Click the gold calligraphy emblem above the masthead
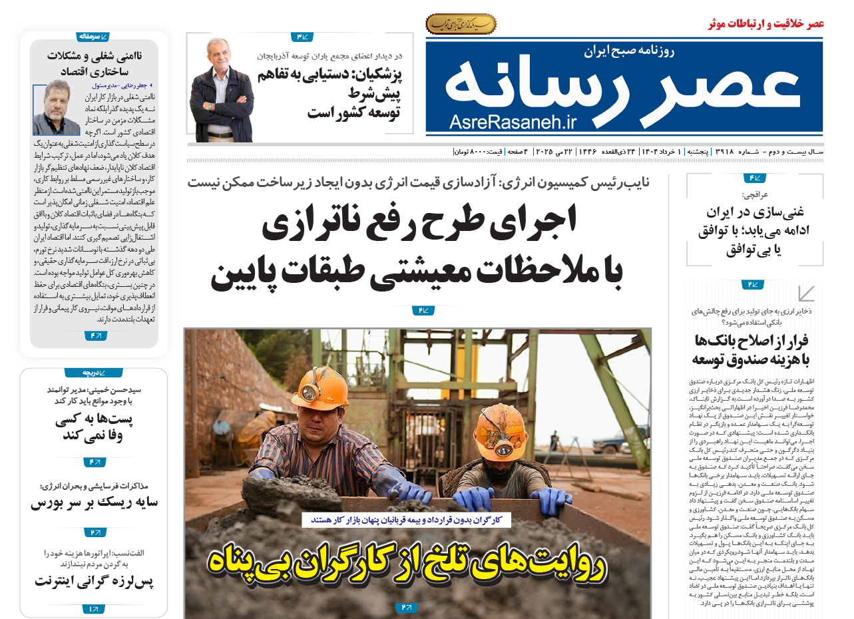(461, 25)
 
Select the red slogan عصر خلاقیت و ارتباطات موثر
(766, 24)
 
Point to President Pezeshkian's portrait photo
(222, 90)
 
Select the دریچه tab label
(93, 372)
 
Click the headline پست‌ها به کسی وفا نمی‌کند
(93, 428)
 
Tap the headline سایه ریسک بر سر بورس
(94, 503)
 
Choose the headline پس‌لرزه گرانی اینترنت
(94, 581)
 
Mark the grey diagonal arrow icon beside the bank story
(806, 294)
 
